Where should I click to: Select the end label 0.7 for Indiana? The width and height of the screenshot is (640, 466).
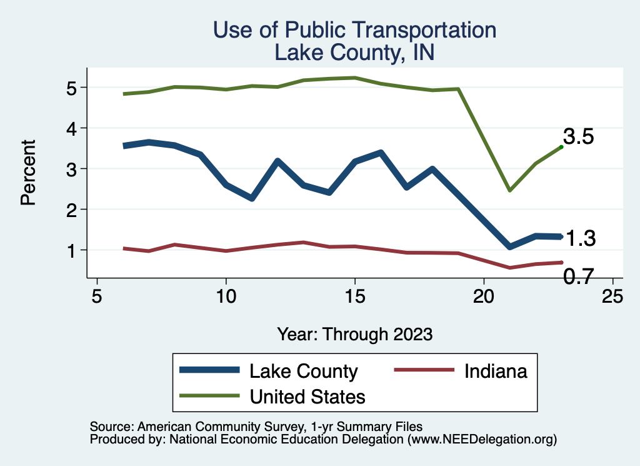[578, 276]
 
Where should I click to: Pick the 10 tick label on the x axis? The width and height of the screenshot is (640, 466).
[226, 296]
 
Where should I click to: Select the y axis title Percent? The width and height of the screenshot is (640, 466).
[28, 173]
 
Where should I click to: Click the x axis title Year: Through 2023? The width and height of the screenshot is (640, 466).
[355, 333]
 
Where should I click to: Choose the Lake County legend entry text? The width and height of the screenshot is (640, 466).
[304, 371]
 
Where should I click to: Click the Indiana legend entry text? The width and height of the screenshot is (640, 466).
[496, 371]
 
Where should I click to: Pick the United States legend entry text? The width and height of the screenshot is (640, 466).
[307, 396]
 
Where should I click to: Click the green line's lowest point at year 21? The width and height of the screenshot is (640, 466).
[510, 190]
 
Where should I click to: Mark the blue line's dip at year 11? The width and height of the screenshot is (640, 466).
[251, 198]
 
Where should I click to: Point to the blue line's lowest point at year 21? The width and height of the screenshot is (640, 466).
[510, 246]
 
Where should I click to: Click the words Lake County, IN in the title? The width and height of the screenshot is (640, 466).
[354, 53]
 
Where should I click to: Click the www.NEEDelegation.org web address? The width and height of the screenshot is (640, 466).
[482, 440]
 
